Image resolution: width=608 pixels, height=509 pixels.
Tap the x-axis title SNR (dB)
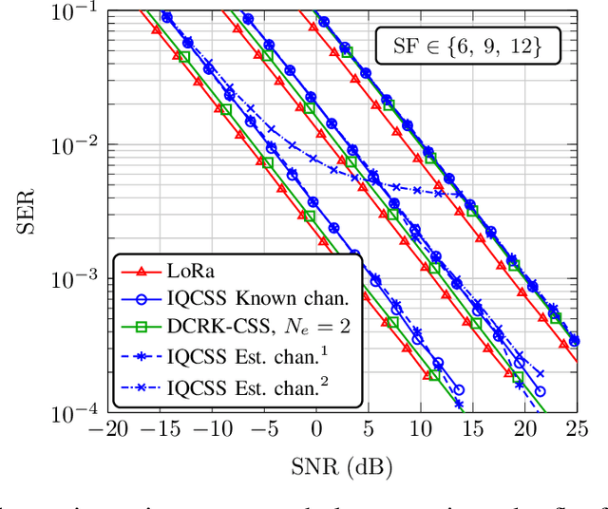(342, 465)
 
